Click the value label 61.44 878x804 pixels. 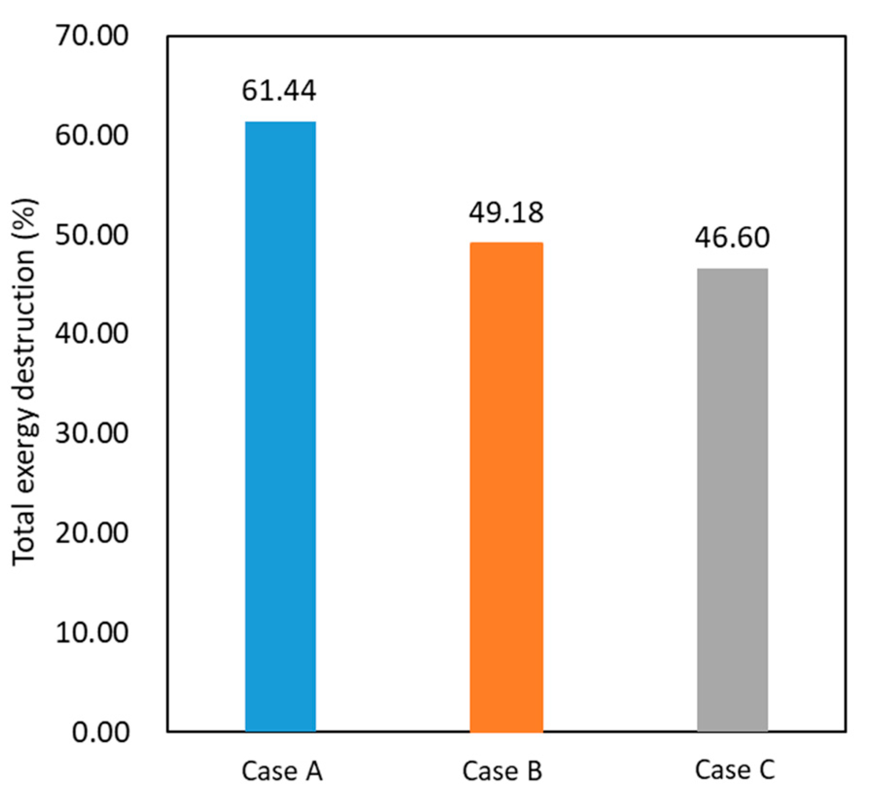[x=279, y=91]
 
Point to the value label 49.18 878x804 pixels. [x=506, y=213]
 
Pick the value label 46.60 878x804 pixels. [x=732, y=238]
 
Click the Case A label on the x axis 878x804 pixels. [x=282, y=771]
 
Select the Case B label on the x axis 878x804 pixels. [x=502, y=771]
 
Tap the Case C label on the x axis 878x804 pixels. [x=734, y=770]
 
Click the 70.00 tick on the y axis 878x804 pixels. [x=92, y=35]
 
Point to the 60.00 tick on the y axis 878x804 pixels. [x=92, y=135]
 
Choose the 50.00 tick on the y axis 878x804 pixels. [x=92, y=235]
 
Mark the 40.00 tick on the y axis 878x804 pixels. [x=92, y=334]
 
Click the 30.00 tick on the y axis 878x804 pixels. [x=92, y=433]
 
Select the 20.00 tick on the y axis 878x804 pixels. [x=92, y=532]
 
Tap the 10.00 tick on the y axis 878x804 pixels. [x=92, y=632]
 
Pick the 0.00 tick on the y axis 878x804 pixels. [x=101, y=732]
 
